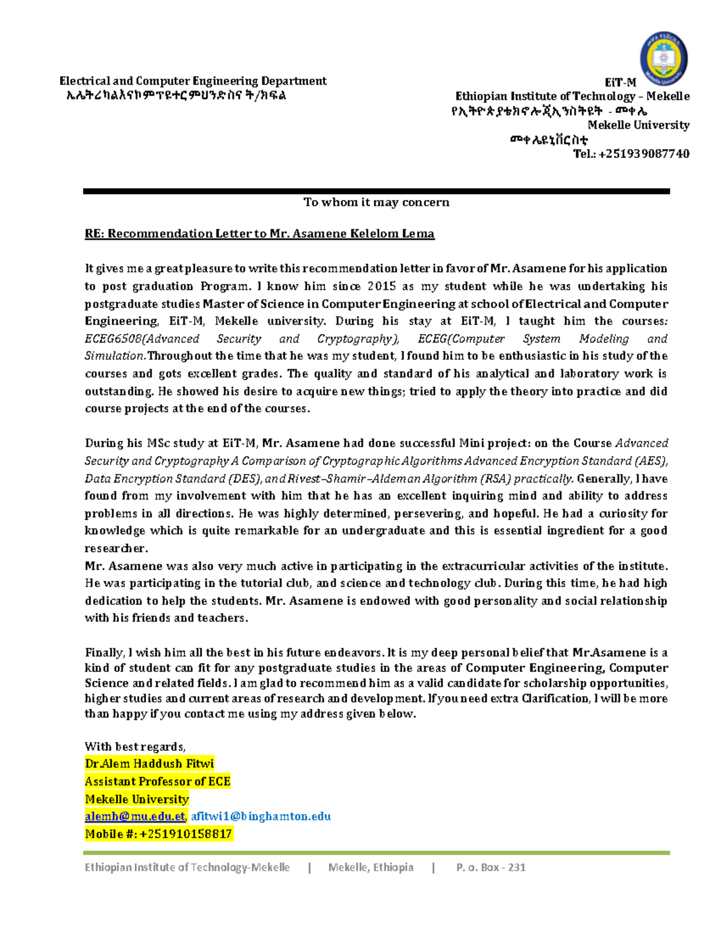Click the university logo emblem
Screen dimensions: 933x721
point(663,59)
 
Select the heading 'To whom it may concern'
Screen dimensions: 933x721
point(376,202)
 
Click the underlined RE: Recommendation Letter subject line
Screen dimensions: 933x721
point(259,234)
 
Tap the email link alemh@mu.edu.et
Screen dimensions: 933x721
point(135,816)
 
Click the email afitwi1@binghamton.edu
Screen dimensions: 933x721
point(261,816)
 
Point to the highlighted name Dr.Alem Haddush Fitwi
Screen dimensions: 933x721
point(149,764)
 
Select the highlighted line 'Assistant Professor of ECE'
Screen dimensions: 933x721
point(157,782)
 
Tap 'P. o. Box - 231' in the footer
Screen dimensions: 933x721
point(490,868)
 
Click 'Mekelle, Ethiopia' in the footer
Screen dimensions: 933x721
point(371,868)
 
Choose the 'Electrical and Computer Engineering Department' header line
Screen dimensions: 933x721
point(193,81)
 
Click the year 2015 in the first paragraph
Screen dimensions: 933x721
point(382,287)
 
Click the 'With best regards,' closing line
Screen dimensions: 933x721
point(135,747)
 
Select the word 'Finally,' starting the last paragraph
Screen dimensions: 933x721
point(104,653)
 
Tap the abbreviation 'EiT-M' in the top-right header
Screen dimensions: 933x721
point(620,82)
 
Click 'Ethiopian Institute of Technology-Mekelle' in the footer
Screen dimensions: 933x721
point(187,868)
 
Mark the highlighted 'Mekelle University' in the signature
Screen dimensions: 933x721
point(136,799)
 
